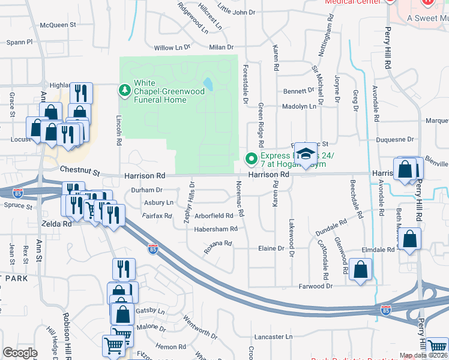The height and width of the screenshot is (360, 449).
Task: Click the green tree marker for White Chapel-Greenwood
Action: tap(124, 90)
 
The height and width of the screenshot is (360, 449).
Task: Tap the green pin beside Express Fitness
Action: tap(251, 159)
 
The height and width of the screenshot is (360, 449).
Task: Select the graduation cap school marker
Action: tap(306, 154)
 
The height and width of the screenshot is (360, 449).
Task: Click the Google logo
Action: tap(20, 353)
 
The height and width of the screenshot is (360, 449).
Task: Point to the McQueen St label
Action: tap(58, 25)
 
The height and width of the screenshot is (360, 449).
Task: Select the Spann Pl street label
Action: tap(20, 43)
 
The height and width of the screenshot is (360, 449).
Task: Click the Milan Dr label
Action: tap(221, 47)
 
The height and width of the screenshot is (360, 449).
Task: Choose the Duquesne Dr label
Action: tap(394, 139)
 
